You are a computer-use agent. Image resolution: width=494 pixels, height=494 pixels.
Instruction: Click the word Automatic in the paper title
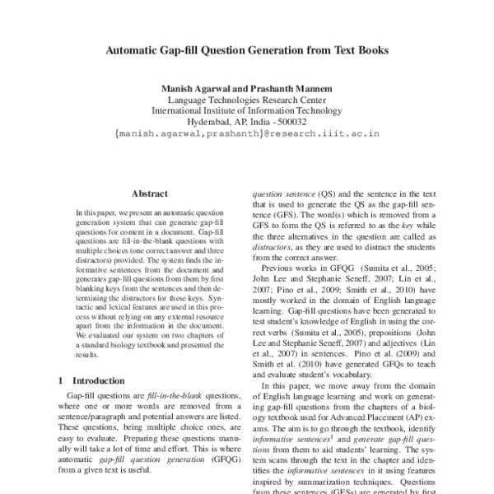point(135,49)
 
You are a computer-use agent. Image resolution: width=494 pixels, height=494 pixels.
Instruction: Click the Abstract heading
point(150,193)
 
